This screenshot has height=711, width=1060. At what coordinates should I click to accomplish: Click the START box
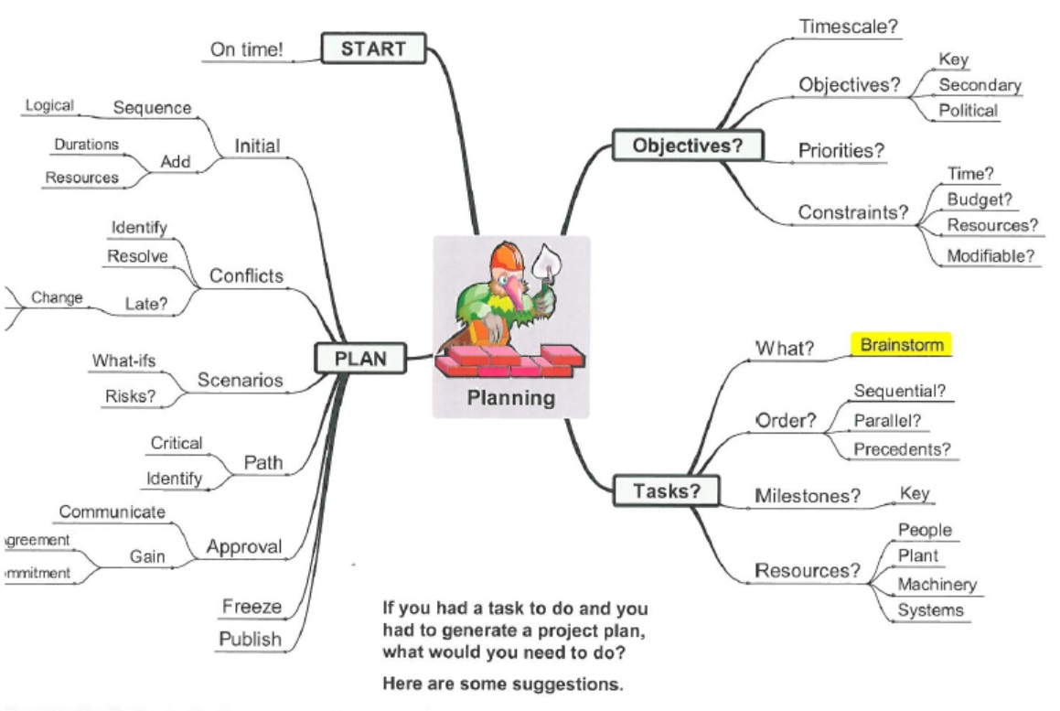[x=373, y=48]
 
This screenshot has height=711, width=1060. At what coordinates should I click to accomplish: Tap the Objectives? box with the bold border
[x=687, y=145]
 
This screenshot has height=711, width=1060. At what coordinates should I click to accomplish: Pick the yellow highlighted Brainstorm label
[x=902, y=345]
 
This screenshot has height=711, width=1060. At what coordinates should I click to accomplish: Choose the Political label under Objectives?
[x=969, y=111]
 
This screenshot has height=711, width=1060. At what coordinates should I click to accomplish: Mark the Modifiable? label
[x=990, y=255]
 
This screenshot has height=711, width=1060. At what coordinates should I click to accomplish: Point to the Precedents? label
[x=902, y=449]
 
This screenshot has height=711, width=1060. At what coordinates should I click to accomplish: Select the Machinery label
[x=937, y=584]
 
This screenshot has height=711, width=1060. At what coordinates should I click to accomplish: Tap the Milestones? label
[x=808, y=496]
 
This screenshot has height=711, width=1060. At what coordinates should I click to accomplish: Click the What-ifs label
[x=123, y=361]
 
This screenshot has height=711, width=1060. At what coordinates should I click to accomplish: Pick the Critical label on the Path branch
[x=177, y=443]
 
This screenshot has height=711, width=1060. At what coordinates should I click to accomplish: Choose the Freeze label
[x=252, y=606]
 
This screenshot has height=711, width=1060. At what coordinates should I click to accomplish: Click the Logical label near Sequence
[x=49, y=105]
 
